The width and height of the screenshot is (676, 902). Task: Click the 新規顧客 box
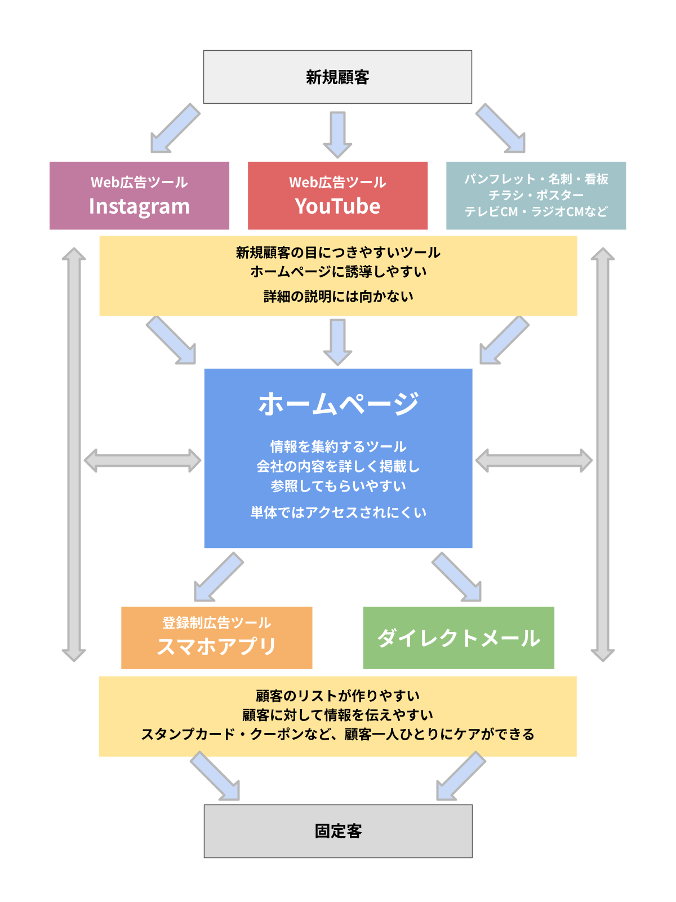(x=337, y=77)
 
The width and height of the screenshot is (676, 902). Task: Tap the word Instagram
(x=139, y=207)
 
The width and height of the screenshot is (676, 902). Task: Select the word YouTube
(x=337, y=206)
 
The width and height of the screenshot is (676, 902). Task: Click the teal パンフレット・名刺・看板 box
(x=536, y=195)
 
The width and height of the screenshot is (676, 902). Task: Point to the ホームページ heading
(x=338, y=404)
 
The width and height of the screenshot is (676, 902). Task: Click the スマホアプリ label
(x=216, y=646)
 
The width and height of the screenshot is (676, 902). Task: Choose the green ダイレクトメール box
(x=459, y=638)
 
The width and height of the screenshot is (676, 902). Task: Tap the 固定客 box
(x=338, y=831)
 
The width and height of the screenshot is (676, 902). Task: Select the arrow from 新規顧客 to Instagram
(x=175, y=128)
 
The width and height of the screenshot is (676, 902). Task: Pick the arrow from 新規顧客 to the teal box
(x=500, y=128)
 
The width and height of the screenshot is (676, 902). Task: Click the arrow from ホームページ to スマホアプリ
(x=219, y=577)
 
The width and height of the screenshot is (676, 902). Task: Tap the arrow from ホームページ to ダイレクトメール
(x=457, y=577)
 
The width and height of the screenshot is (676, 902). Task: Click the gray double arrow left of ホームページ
(x=143, y=461)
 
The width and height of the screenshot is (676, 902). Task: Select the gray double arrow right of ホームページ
(x=533, y=461)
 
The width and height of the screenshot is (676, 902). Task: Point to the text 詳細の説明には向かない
(x=338, y=296)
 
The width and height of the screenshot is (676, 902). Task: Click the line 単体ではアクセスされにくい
(x=338, y=512)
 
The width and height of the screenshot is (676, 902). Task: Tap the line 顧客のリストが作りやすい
(x=338, y=696)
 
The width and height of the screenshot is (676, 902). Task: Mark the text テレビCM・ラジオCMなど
(x=536, y=212)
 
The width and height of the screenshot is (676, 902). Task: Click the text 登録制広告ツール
(x=216, y=623)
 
